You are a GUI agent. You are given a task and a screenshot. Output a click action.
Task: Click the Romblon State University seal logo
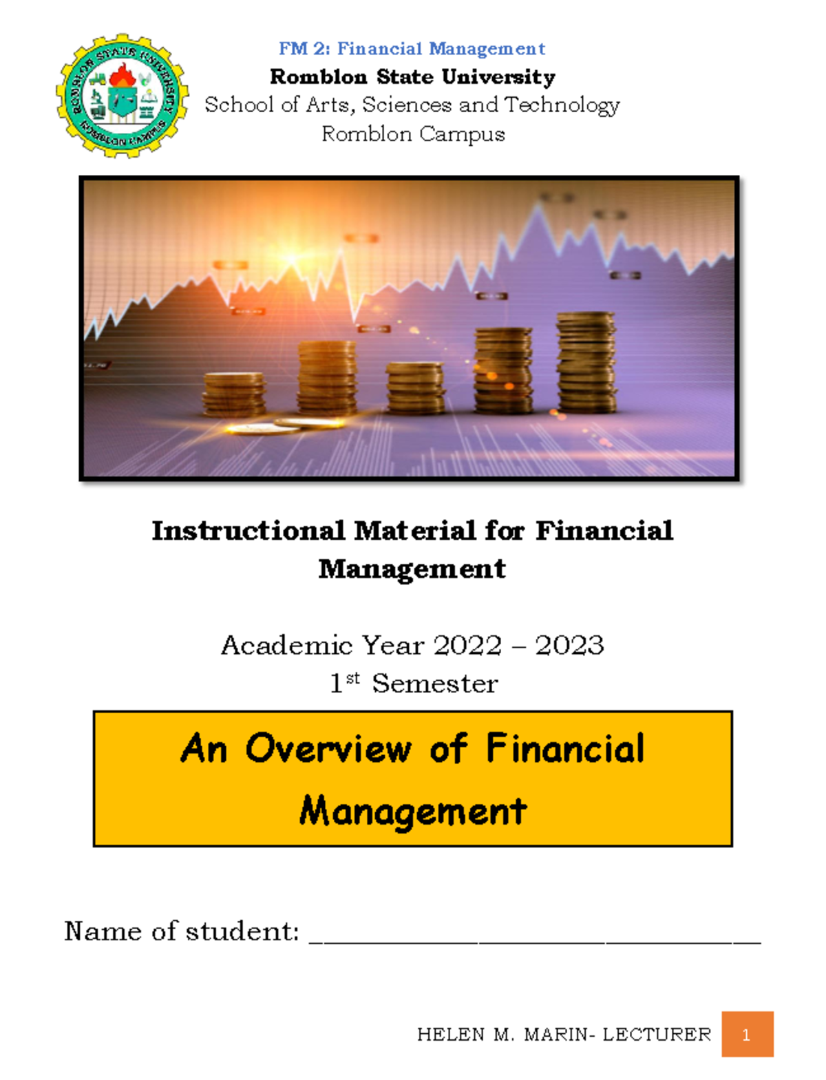[x=123, y=95]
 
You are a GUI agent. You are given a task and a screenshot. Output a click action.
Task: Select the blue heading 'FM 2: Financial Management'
[x=412, y=49]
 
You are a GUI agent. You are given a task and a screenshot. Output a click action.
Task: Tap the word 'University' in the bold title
[x=498, y=77]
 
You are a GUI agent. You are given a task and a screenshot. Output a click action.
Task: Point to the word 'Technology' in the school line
[x=562, y=105]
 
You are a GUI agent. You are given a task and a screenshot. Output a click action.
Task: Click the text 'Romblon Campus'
[x=413, y=134]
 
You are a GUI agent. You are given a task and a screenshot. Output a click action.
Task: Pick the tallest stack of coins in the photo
[x=586, y=363]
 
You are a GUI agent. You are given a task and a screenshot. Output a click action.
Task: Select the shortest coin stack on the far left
[x=234, y=394]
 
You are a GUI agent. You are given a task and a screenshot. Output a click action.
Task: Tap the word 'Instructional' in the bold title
[x=248, y=531]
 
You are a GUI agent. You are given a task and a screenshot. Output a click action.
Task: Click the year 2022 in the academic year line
[x=468, y=646]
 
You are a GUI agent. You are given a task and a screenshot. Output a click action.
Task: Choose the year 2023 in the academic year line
[x=569, y=646]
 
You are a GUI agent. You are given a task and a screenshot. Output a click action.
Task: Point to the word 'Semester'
[x=434, y=684]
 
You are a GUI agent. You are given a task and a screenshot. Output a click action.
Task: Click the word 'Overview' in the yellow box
[x=328, y=749]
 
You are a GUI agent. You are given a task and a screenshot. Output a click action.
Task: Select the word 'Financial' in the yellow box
[x=565, y=749]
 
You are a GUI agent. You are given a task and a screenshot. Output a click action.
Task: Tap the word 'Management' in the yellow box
[x=413, y=811]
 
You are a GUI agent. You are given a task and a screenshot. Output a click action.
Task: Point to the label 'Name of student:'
[x=182, y=931]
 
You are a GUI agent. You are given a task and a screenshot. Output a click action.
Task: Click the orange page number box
[x=747, y=1034]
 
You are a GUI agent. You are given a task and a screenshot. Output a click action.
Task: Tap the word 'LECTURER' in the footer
[x=656, y=1035]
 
